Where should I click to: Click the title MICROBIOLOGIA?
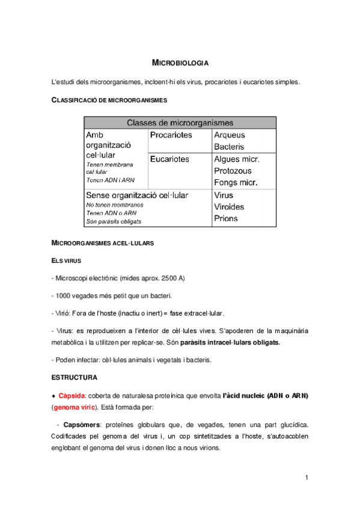180,62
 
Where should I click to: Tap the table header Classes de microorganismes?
180,122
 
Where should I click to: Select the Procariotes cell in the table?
171,135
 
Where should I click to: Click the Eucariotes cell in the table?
169,159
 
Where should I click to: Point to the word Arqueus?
229,135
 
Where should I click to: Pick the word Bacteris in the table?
229,147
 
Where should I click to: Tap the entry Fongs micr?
236,183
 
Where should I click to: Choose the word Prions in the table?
226,219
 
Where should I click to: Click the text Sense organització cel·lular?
137,195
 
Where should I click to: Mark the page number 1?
306,478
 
